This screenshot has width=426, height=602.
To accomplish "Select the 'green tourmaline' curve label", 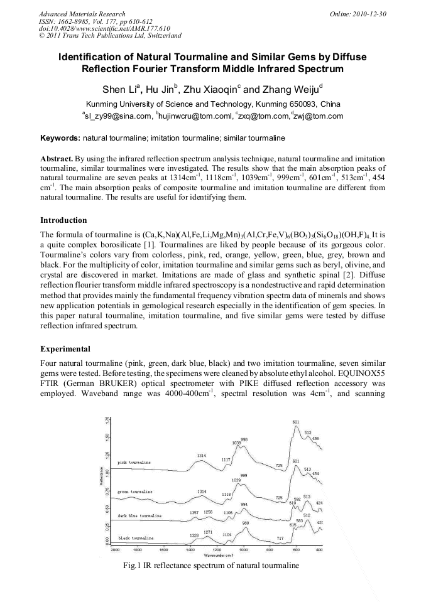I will [135, 490].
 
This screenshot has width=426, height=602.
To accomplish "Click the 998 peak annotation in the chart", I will [244, 439].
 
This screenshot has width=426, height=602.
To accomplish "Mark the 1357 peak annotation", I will [194, 512].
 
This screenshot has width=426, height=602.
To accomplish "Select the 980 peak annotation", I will [246, 523].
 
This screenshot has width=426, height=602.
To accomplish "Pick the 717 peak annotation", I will [281, 538].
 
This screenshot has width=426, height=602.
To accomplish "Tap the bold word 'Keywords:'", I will [60, 137].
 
